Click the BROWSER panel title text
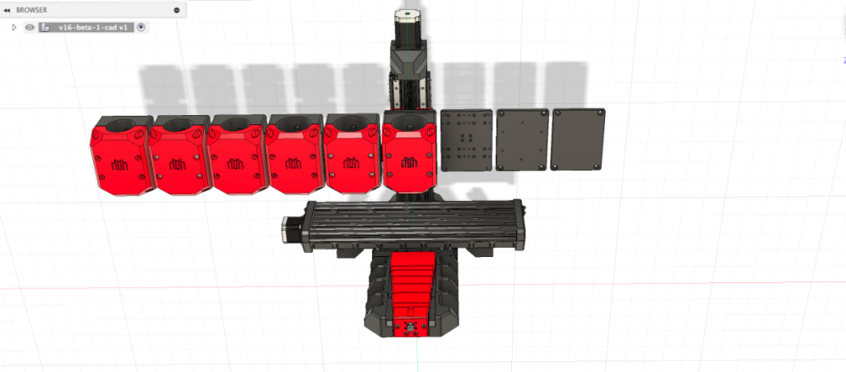31,9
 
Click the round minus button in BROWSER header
177,9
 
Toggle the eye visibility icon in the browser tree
30,27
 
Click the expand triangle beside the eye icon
14,27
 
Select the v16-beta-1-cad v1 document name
93,27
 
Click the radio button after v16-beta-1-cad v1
141,27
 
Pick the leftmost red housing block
122,156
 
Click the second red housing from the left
179,156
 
